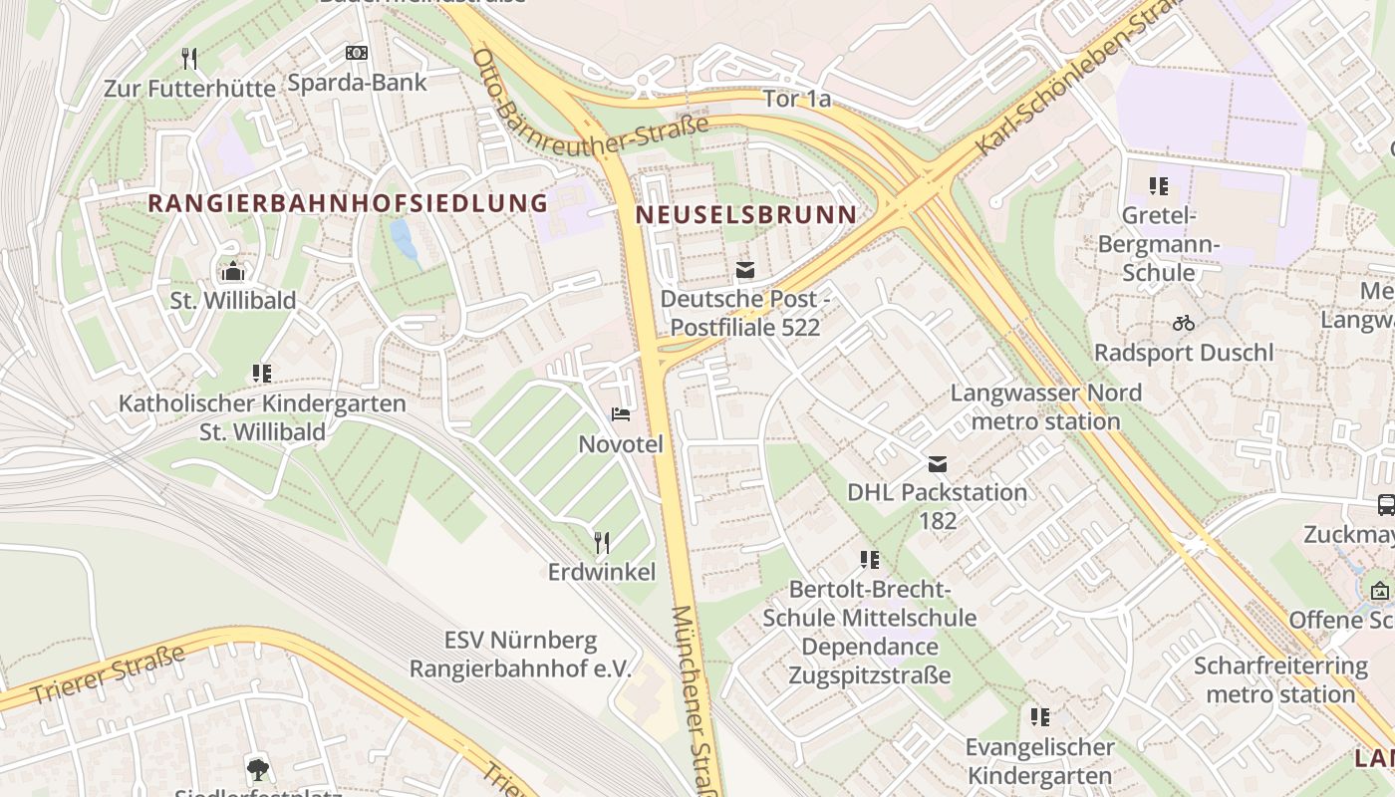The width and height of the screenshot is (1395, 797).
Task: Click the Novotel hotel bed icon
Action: tap(621, 414)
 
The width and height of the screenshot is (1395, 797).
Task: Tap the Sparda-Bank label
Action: tap(357, 82)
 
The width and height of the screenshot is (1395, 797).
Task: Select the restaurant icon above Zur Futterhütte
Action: tap(189, 59)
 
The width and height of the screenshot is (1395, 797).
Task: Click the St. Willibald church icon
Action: tap(233, 271)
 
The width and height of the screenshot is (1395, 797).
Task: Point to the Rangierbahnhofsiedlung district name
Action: tap(348, 203)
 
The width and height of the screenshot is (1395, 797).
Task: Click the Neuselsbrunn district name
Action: tap(745, 214)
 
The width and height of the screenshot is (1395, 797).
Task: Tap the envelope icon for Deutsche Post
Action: tap(744, 270)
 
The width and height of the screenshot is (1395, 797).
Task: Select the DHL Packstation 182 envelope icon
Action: tap(937, 464)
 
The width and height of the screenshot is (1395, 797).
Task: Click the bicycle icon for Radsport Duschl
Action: tap(1184, 323)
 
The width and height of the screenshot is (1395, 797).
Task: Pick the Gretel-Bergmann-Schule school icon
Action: tap(1158, 186)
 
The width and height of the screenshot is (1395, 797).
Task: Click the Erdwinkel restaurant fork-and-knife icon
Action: tap(602, 542)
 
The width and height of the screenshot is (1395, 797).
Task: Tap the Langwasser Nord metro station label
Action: tap(1045, 406)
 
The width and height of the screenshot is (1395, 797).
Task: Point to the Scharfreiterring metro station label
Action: tap(1280, 679)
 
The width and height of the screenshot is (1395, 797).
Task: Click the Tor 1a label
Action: tap(796, 99)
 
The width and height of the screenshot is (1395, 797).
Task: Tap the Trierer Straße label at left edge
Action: tap(108, 675)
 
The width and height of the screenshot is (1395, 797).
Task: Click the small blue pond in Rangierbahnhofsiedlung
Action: tap(406, 242)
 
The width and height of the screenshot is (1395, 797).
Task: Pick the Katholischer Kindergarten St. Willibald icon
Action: tap(262, 374)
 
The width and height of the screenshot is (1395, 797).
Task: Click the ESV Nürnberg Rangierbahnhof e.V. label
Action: tap(520, 654)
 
